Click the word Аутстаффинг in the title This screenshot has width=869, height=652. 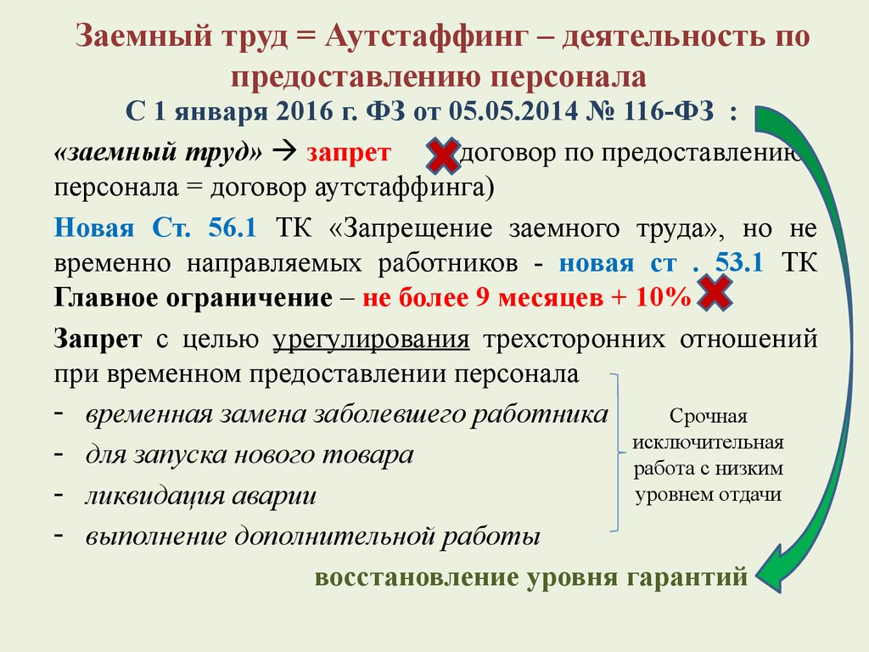click(x=426, y=37)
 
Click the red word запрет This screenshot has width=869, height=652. click(x=349, y=152)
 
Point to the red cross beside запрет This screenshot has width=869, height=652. click(x=443, y=155)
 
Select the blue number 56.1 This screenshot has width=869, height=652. click(x=233, y=228)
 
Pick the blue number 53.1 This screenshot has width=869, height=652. click(x=739, y=262)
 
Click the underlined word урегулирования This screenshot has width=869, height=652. click(x=371, y=340)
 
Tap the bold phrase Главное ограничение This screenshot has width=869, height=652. click(x=193, y=298)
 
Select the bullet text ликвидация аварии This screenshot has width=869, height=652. click(x=200, y=496)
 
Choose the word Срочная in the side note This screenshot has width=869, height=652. click(x=709, y=416)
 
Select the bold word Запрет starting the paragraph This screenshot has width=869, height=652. click(x=98, y=339)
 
